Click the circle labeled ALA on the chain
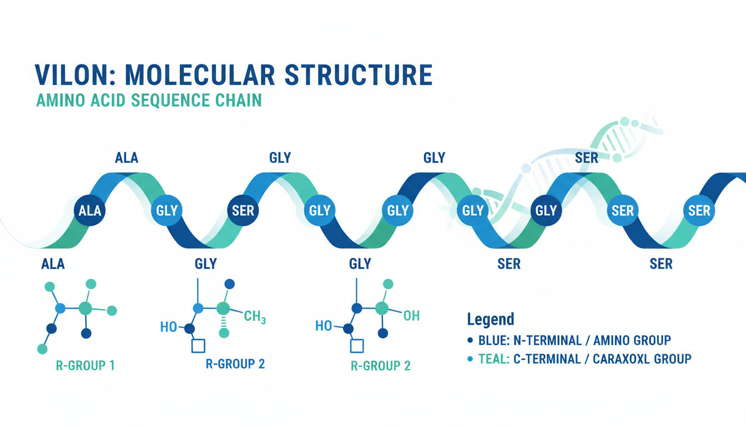click(90, 211)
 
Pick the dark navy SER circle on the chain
click(243, 211)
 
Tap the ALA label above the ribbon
click(127, 158)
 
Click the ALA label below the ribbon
click(53, 264)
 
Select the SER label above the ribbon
click(587, 158)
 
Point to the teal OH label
click(411, 316)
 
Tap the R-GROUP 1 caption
click(85, 366)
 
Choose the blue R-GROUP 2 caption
click(235, 364)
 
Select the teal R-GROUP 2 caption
click(381, 366)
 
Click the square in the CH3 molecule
click(198, 346)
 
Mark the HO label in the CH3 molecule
click(168, 327)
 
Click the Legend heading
click(490, 319)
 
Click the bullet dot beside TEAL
click(471, 359)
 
